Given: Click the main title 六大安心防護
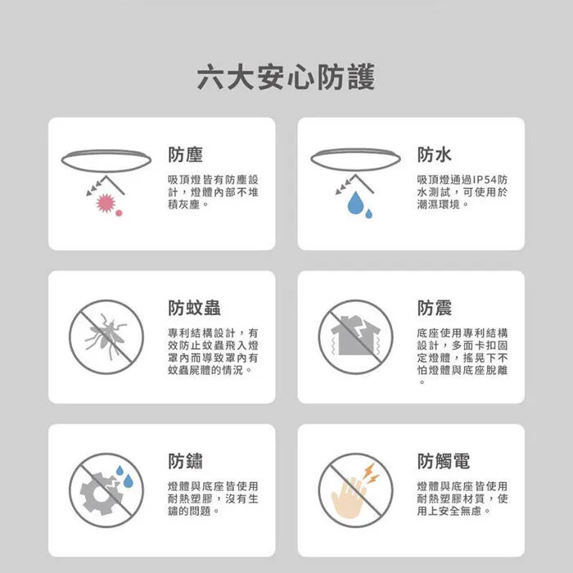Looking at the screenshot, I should coord(286,78).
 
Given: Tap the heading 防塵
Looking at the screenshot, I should coord(186,155).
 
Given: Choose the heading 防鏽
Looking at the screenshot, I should coord(186,461).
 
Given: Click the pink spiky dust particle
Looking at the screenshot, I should coord(104,202).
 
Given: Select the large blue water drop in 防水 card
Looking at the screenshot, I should coord(355,203).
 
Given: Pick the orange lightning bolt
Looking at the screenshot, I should coord(370,473).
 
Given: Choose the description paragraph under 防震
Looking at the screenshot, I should coord(462,357).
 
